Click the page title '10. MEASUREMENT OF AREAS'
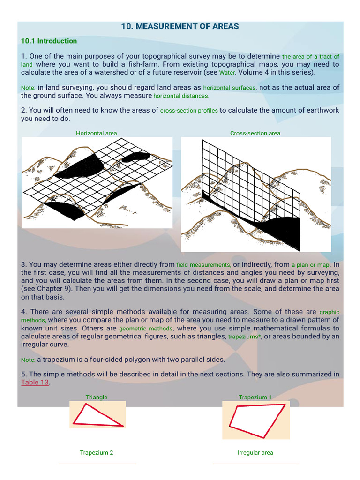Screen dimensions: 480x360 point(180,27)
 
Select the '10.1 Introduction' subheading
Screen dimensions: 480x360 point(49,41)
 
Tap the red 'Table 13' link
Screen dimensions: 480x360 point(35,382)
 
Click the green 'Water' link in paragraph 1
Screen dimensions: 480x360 point(227,73)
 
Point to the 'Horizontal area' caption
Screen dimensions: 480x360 point(97,133)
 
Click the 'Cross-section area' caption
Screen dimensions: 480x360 point(255,133)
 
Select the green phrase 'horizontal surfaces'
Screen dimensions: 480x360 point(229,88)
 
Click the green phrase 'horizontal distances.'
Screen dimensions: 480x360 point(181,96)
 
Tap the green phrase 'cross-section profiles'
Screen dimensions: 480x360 point(189,111)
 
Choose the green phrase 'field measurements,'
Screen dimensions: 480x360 point(203,265)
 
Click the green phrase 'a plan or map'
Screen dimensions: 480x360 point(310,265)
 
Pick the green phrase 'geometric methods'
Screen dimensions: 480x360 point(146,329)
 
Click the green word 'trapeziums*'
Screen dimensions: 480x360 point(244,337)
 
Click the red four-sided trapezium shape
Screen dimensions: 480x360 point(256,420)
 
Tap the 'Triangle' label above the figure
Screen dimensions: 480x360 point(97,397)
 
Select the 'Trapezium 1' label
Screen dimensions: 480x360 point(255,397)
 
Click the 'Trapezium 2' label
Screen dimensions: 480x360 point(97,453)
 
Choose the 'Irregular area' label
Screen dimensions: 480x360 point(255,453)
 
